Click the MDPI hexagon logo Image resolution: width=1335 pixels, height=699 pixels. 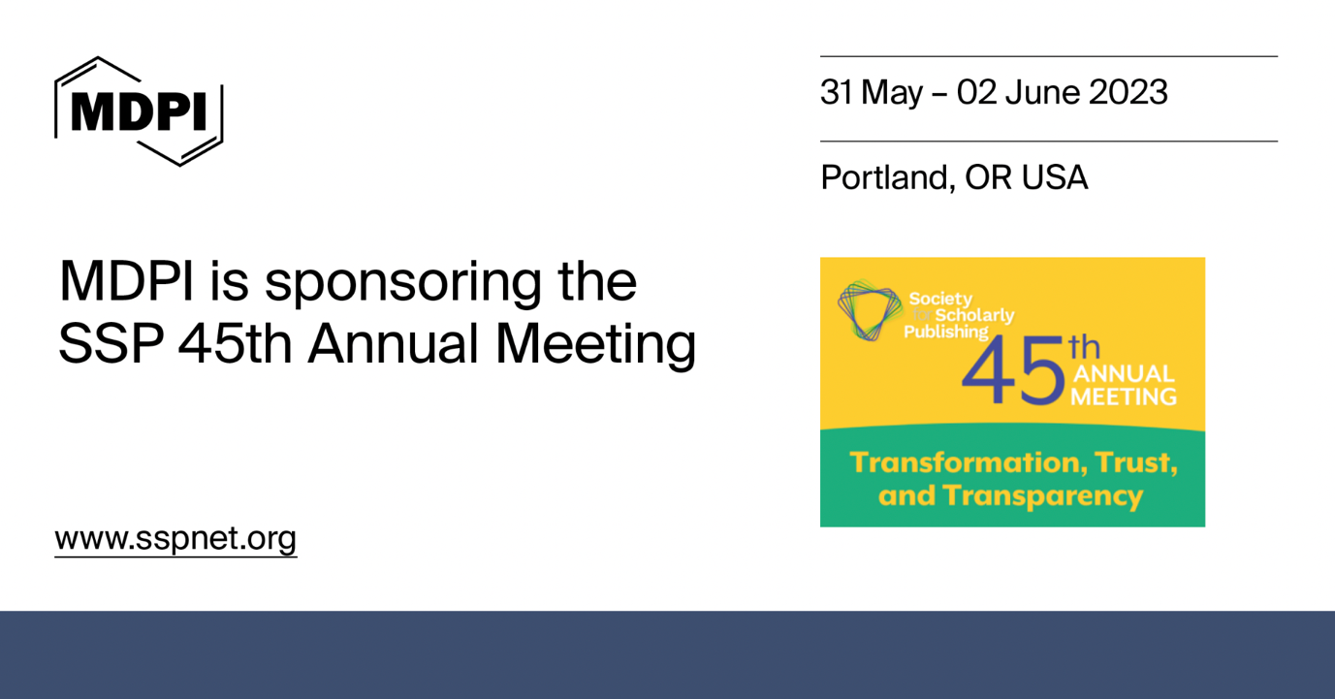[x=139, y=111]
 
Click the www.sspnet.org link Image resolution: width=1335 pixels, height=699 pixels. [x=175, y=538]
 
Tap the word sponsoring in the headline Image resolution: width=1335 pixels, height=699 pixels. [x=404, y=283]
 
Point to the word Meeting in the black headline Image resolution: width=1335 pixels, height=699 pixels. [x=595, y=344]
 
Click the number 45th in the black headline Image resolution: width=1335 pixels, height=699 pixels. [x=235, y=344]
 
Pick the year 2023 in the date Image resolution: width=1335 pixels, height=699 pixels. [x=1128, y=93]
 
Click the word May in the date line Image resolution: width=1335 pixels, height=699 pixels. [x=892, y=93]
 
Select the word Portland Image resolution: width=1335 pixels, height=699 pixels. [x=884, y=177]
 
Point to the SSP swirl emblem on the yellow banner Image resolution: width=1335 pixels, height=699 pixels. [x=869, y=309]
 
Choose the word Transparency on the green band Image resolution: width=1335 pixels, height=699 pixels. [x=1043, y=496]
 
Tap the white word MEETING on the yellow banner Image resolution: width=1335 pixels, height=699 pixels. [x=1124, y=396]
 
